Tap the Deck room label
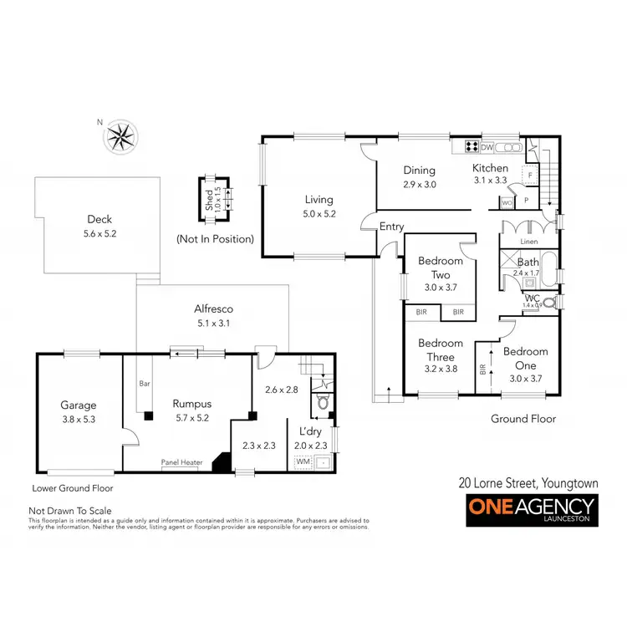[x=99, y=220]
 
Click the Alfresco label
[x=212, y=308]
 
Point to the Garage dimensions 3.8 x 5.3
[x=79, y=420]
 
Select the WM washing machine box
[x=301, y=461]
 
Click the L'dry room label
[x=311, y=431]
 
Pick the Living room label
[x=319, y=200]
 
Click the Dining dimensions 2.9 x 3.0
[x=420, y=184]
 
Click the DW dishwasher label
[x=487, y=148]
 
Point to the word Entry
[x=391, y=227]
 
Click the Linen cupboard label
[x=528, y=242]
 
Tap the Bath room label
[x=528, y=263]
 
